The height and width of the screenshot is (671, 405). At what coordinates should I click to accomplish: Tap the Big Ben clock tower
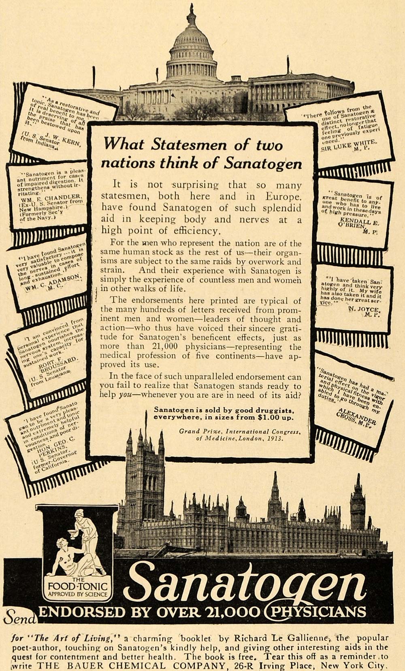(358, 506)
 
